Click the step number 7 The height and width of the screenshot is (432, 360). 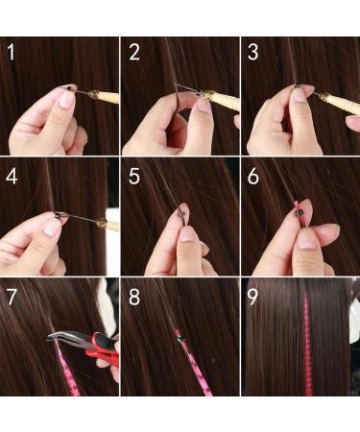tap(12, 298)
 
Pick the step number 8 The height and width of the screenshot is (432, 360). tap(134, 298)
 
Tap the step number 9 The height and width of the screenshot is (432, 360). tap(253, 298)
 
